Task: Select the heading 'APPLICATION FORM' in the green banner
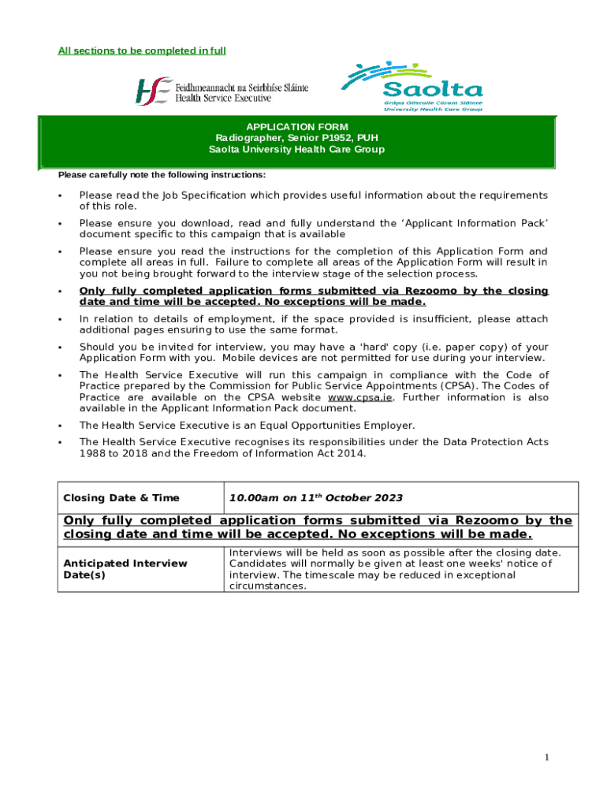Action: [x=296, y=127]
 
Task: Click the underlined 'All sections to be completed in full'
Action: [x=142, y=51]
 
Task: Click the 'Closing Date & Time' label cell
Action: [x=121, y=498]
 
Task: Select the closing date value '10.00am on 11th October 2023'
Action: [x=315, y=498]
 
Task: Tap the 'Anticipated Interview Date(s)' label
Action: [x=125, y=569]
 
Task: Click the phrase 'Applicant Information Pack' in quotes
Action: [x=476, y=224]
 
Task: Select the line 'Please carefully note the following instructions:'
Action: [x=162, y=175]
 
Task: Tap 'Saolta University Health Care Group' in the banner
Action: [x=296, y=149]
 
